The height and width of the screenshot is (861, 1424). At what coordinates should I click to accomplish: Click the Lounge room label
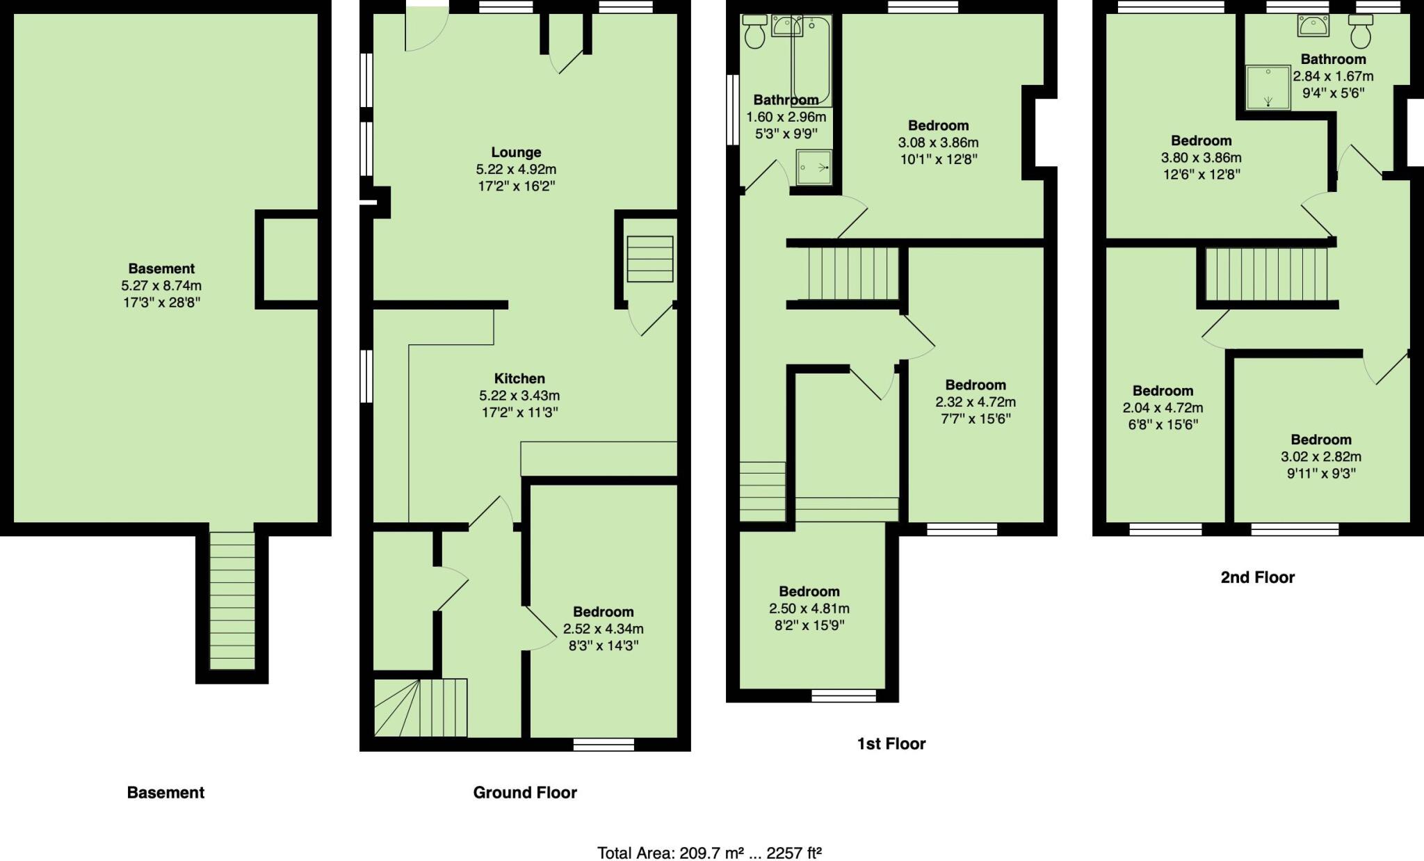coord(516,152)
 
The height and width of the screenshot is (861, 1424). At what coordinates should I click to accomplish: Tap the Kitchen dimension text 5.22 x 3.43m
coord(519,396)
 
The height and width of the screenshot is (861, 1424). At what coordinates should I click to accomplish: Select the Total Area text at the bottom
coord(709,853)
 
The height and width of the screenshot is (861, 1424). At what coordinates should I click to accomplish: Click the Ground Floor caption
coord(525,793)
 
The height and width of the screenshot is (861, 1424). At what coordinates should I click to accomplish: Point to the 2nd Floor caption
coord(1257,577)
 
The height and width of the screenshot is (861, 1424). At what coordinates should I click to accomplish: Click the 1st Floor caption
coord(891,744)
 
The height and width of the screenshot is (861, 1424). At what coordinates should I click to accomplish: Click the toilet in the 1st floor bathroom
coord(754,32)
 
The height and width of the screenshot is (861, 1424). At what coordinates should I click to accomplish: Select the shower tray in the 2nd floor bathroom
coord(1268,88)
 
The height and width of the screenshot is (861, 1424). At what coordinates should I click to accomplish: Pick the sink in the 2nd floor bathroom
coord(1313,26)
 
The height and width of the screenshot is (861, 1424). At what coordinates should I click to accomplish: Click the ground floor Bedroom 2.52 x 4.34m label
coord(603,612)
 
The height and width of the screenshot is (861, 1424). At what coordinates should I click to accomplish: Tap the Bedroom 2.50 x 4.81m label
coord(809,592)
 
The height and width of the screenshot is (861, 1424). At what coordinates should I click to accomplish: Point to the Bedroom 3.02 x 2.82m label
coord(1320,440)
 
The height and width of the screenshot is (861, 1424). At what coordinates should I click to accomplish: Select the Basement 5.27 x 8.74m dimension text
coord(161,286)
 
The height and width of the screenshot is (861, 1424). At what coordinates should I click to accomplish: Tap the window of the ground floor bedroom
coord(603,745)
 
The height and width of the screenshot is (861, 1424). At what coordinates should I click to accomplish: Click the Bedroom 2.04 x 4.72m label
coord(1163,392)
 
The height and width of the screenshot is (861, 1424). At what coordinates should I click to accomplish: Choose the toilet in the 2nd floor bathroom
coord(1360,31)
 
